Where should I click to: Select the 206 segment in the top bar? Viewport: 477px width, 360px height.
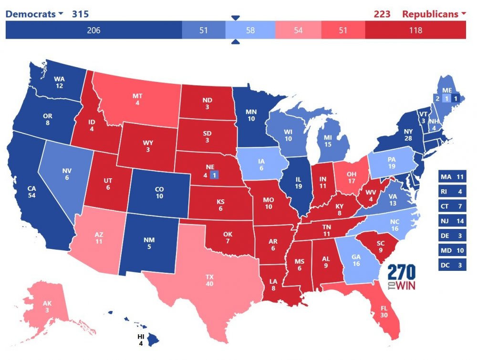click(x=93, y=31)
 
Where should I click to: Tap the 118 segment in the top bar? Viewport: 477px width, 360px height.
click(x=415, y=31)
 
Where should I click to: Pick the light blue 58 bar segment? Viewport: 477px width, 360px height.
click(x=250, y=31)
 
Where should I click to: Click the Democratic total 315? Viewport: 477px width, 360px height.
click(x=80, y=14)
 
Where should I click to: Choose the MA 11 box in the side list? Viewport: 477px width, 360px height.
click(x=452, y=177)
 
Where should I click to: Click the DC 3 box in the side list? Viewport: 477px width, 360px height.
click(x=452, y=265)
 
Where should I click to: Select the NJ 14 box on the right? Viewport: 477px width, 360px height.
click(x=452, y=221)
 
